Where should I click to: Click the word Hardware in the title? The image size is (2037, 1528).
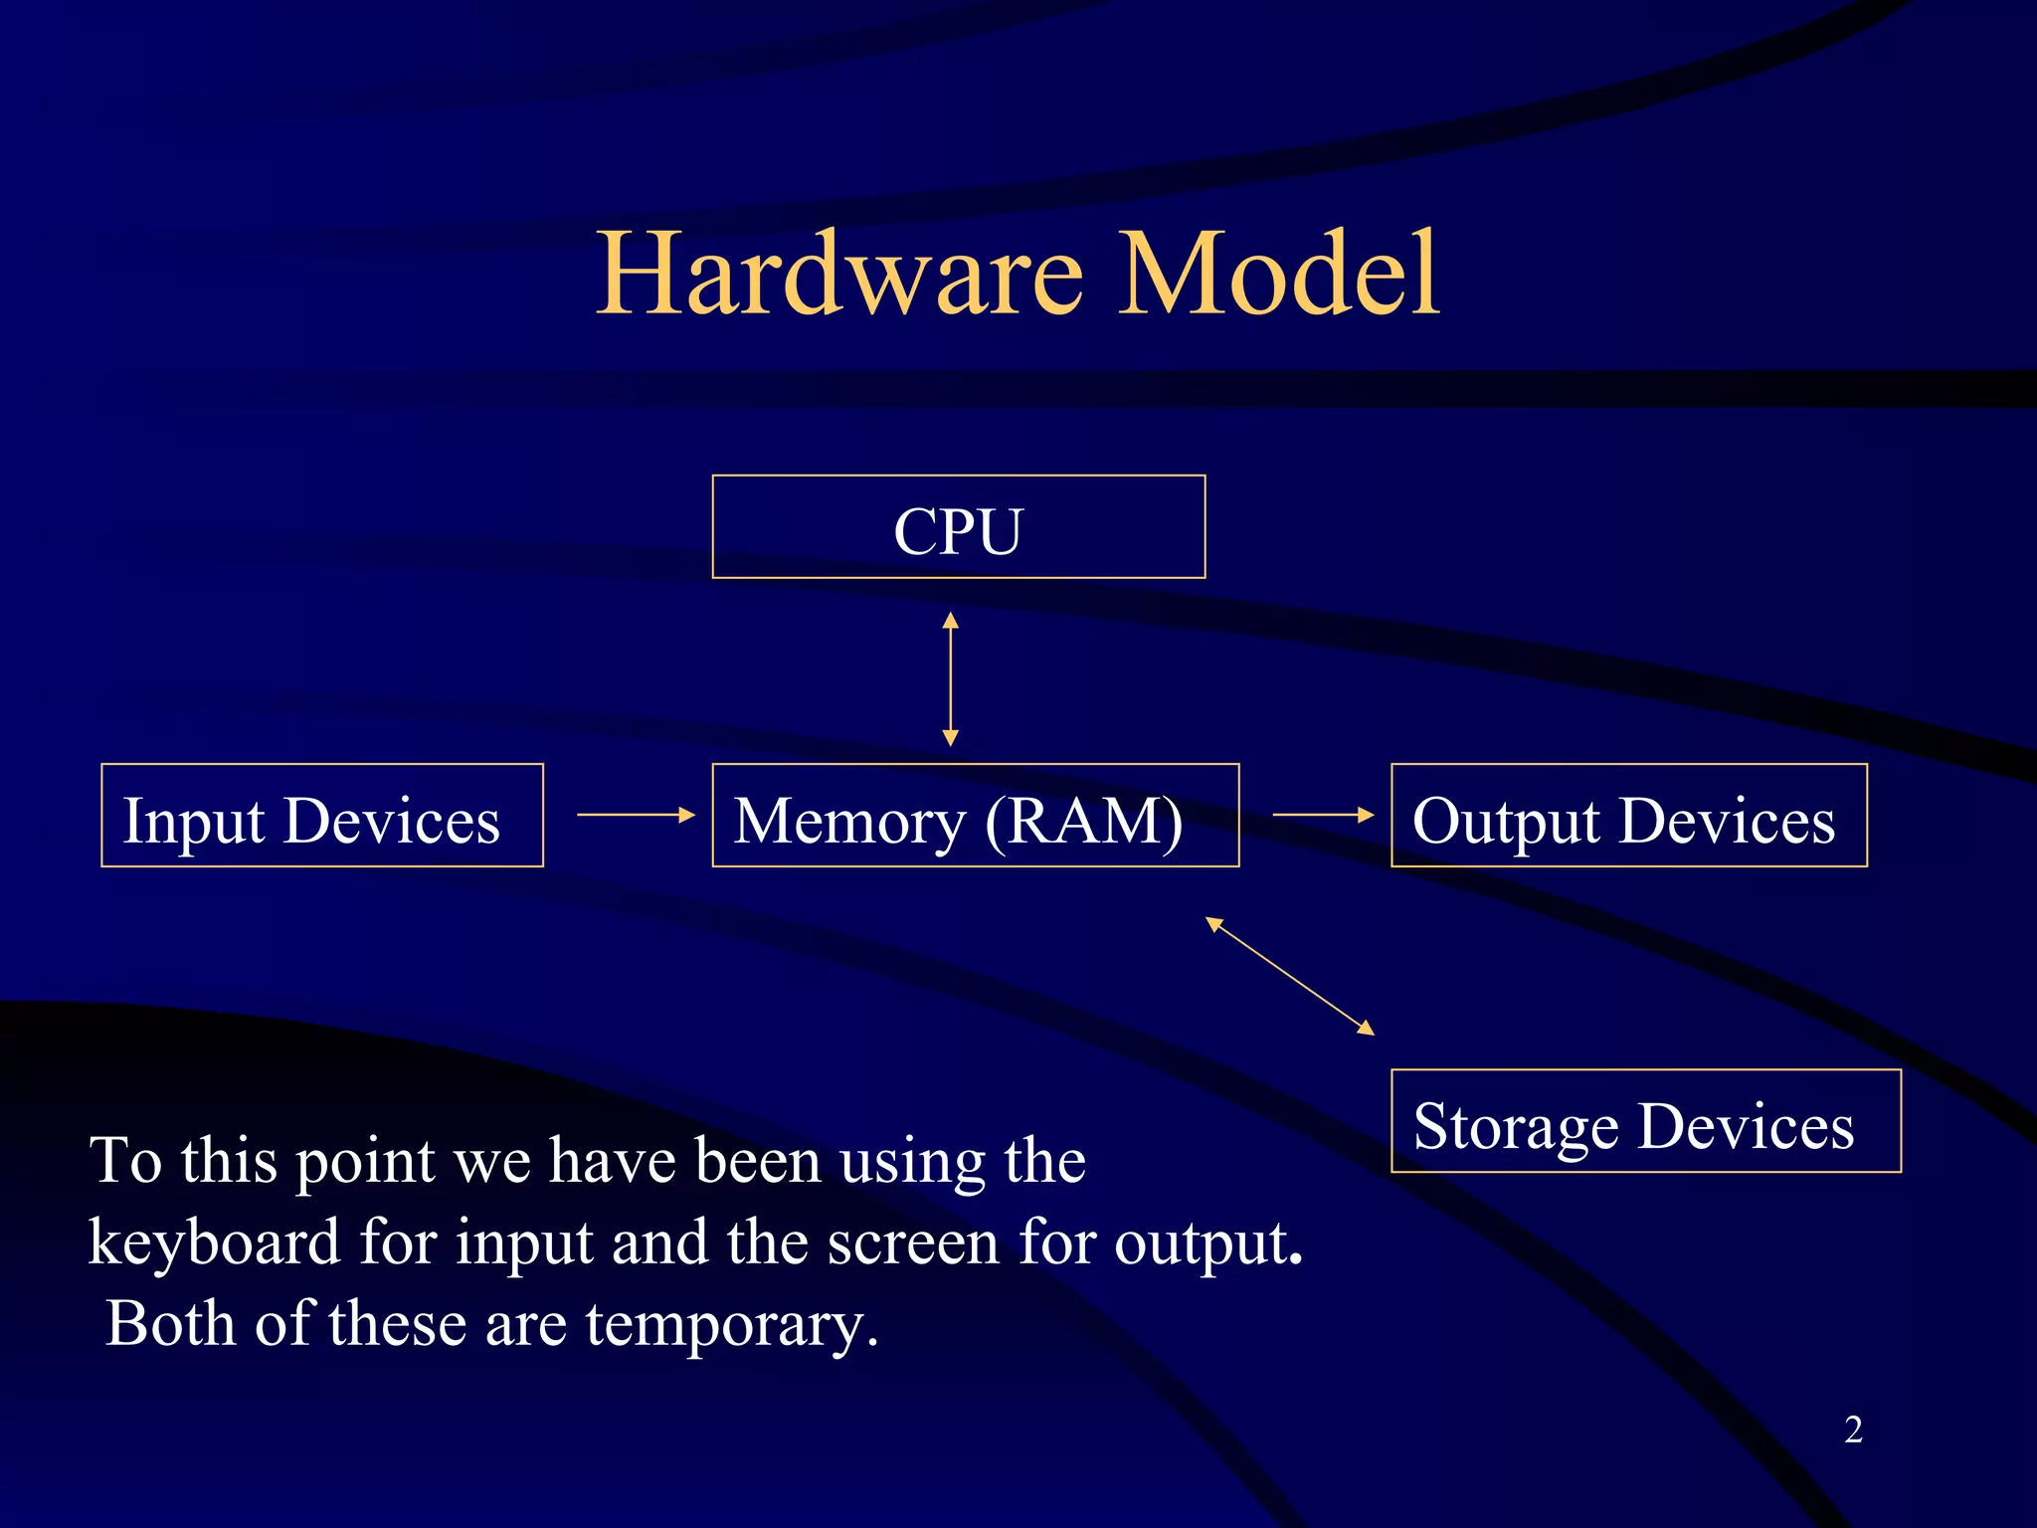tap(839, 274)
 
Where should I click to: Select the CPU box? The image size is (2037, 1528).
tap(958, 527)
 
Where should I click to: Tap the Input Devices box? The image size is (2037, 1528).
tap(321, 816)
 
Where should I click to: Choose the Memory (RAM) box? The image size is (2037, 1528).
tap(975, 816)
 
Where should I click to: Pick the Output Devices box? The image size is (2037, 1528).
tap(1628, 816)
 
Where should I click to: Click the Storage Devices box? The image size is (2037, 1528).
tap(1645, 1121)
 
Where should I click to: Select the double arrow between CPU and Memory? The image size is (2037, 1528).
tap(950, 679)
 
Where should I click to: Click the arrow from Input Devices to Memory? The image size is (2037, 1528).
tap(636, 815)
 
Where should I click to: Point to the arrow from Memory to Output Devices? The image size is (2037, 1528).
tap(1322, 815)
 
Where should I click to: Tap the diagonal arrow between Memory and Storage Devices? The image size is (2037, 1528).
tap(1289, 976)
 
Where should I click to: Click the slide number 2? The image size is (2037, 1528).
tap(1853, 1430)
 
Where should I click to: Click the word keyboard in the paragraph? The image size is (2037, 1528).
tap(215, 1243)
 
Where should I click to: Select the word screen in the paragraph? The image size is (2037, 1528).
tap(912, 1243)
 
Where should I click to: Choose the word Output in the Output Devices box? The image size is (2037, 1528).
tap(1506, 823)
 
